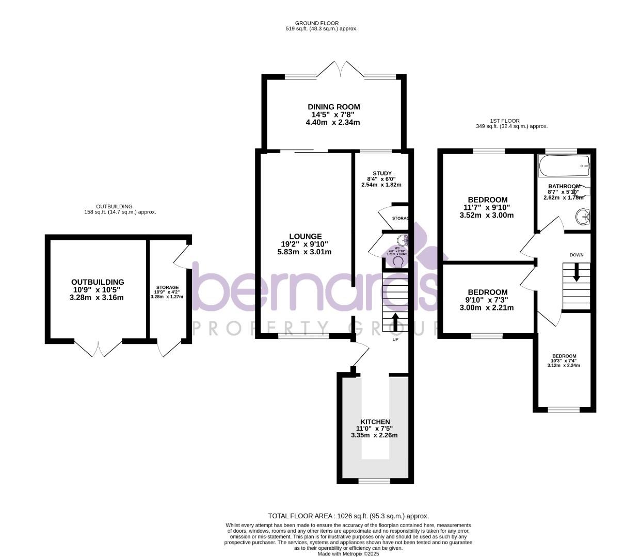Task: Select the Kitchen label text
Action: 375,422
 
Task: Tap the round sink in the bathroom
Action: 583,217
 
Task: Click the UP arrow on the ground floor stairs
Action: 396,321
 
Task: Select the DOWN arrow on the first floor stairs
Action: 576,272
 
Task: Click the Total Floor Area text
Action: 348,516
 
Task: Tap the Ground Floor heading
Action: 317,23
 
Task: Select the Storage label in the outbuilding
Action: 167,287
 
